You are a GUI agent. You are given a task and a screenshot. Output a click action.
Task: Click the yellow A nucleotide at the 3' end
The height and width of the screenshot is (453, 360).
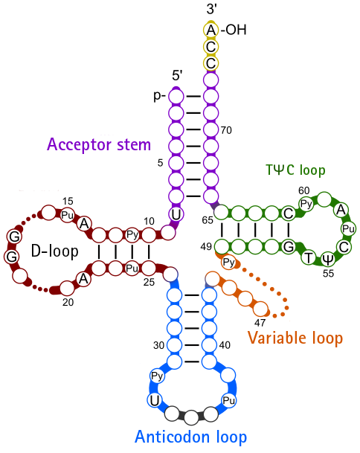(211, 30)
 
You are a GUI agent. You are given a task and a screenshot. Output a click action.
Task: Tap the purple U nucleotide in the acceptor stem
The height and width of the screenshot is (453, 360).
(176, 214)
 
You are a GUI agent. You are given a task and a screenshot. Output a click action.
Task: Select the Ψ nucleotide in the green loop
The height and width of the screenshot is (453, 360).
(327, 259)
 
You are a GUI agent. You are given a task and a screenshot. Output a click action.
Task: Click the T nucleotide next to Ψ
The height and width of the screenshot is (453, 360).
(309, 257)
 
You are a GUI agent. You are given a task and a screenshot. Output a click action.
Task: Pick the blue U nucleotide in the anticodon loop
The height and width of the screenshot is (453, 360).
(155, 400)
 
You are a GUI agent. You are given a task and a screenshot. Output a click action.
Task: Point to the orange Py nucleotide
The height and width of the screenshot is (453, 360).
(229, 263)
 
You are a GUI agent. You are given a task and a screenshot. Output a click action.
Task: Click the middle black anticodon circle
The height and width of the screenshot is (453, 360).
(191, 417)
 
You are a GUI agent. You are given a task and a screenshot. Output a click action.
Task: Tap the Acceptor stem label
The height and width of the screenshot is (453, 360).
(99, 144)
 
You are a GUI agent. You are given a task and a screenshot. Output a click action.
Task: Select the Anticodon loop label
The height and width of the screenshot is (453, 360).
(190, 437)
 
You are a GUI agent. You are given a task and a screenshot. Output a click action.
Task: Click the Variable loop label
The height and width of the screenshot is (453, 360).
(295, 338)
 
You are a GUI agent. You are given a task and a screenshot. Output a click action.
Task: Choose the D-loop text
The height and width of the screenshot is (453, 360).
(54, 251)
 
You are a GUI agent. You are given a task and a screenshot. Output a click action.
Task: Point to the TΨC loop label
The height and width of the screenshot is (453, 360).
(295, 170)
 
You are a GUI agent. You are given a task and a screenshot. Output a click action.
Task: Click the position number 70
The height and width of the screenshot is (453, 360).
(226, 130)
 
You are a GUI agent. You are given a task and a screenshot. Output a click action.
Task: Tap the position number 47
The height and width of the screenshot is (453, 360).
(260, 323)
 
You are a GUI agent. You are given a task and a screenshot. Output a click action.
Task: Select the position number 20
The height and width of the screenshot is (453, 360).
(68, 302)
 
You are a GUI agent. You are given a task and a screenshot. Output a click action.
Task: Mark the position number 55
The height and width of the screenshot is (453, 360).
(328, 273)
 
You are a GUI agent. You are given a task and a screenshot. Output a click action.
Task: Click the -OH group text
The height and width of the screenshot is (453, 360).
(234, 30)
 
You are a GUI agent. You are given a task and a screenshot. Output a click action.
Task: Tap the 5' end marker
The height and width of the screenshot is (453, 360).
(177, 75)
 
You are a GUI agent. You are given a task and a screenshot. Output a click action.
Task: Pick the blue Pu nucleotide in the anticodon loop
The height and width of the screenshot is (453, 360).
(229, 400)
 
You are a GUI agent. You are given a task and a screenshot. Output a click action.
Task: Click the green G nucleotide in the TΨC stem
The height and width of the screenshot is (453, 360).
(289, 247)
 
